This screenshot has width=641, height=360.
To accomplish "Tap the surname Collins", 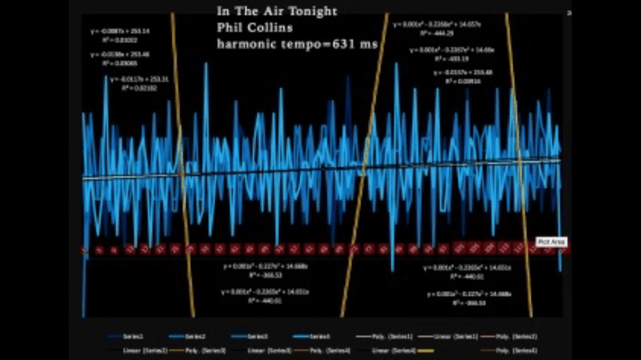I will (x=270, y=28).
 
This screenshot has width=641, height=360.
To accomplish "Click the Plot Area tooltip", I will (x=551, y=242).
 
